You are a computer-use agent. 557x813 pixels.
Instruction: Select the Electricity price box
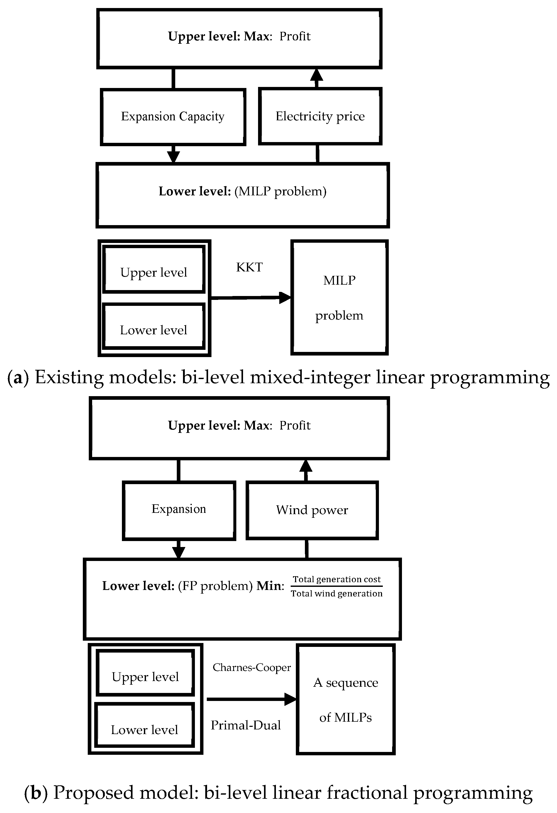pyautogui.click(x=320, y=116)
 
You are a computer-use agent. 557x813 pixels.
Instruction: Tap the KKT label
pyautogui.click(x=249, y=267)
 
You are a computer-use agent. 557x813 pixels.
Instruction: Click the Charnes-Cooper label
pyautogui.click(x=252, y=668)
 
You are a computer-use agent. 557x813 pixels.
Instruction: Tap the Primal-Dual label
pyautogui.click(x=246, y=725)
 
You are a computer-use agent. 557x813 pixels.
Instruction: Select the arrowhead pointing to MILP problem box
pyautogui.click(x=285, y=298)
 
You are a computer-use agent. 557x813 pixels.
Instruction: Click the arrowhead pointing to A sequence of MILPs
pyautogui.click(x=290, y=699)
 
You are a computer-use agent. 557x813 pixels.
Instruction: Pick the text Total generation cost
pyautogui.click(x=336, y=579)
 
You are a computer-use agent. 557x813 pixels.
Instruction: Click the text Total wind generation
pyautogui.click(x=336, y=593)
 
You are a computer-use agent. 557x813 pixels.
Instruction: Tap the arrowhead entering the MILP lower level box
pyautogui.click(x=173, y=157)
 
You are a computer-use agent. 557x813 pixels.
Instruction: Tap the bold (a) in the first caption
pyautogui.click(x=18, y=378)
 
